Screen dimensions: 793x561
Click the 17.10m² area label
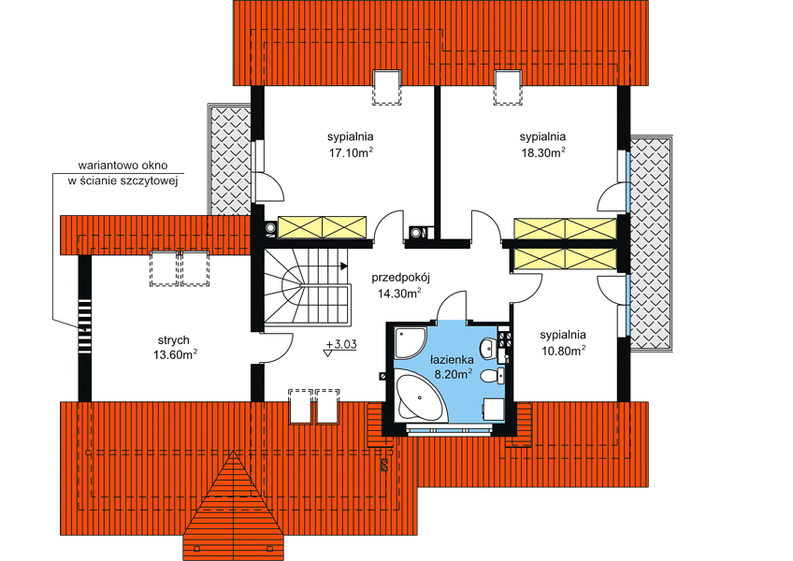pos(351,152)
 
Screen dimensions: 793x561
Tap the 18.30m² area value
pos(543,152)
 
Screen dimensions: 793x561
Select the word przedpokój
pos(400,278)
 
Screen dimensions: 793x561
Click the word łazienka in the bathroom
pos(452,360)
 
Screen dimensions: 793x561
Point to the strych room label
pos(174,340)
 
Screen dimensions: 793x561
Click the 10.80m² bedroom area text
pos(563,350)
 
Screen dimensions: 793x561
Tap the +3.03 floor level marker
pos(341,344)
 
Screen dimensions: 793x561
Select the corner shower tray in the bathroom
pos(411,342)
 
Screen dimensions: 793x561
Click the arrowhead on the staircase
pos(344,266)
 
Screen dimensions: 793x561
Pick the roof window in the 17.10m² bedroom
pos(387,88)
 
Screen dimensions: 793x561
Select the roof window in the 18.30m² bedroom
pos(508,88)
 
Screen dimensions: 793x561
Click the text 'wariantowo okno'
pos(123,165)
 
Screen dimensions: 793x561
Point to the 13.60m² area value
pos(175,354)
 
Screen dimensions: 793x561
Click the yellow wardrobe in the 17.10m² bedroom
pos(322,227)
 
